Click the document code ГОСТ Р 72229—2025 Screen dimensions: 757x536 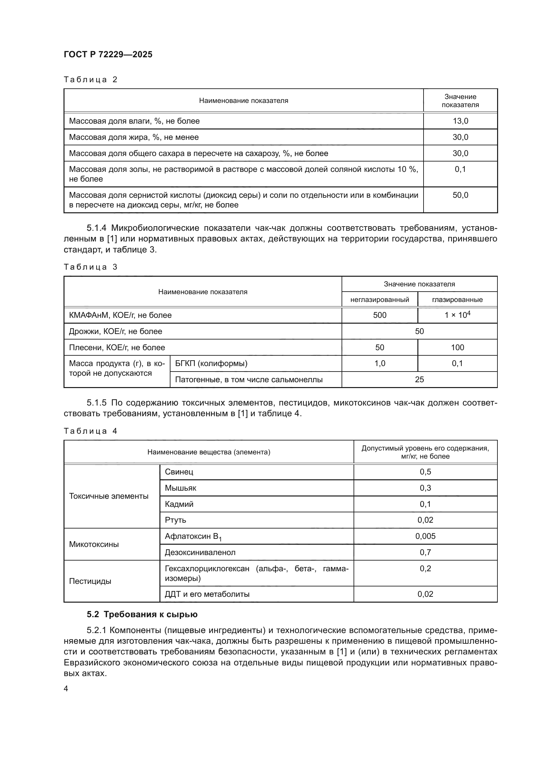pyautogui.click(x=108, y=54)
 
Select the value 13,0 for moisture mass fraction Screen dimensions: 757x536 pyautogui.click(x=460, y=121)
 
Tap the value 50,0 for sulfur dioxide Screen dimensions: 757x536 pyautogui.click(x=460, y=195)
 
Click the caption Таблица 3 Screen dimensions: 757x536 pyautogui.click(x=90, y=267)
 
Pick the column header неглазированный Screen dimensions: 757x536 pyautogui.click(x=379, y=300)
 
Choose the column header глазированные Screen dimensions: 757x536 pyautogui.click(x=457, y=300)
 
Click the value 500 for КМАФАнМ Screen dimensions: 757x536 pyautogui.click(x=379, y=315)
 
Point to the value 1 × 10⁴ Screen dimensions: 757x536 pyautogui.click(x=457, y=315)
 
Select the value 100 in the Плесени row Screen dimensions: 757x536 pyautogui.click(x=457, y=348)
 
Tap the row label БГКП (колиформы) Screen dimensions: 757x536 pyautogui.click(x=211, y=364)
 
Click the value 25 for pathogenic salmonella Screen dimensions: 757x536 pyautogui.click(x=419, y=380)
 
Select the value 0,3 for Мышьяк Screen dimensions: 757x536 pyautogui.click(x=425, y=488)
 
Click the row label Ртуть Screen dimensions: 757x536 pyautogui.click(x=175, y=520)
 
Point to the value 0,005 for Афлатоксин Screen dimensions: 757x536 pyautogui.click(x=425, y=536)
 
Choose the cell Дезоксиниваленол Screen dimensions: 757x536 pyautogui.click(x=200, y=552)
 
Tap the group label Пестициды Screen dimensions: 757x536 pyautogui.click(x=90, y=581)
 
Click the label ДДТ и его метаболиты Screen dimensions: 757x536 pyautogui.click(x=207, y=594)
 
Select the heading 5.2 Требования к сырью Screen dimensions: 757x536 pyautogui.click(x=142, y=615)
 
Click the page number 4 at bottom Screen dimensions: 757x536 pyautogui.click(x=66, y=688)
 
